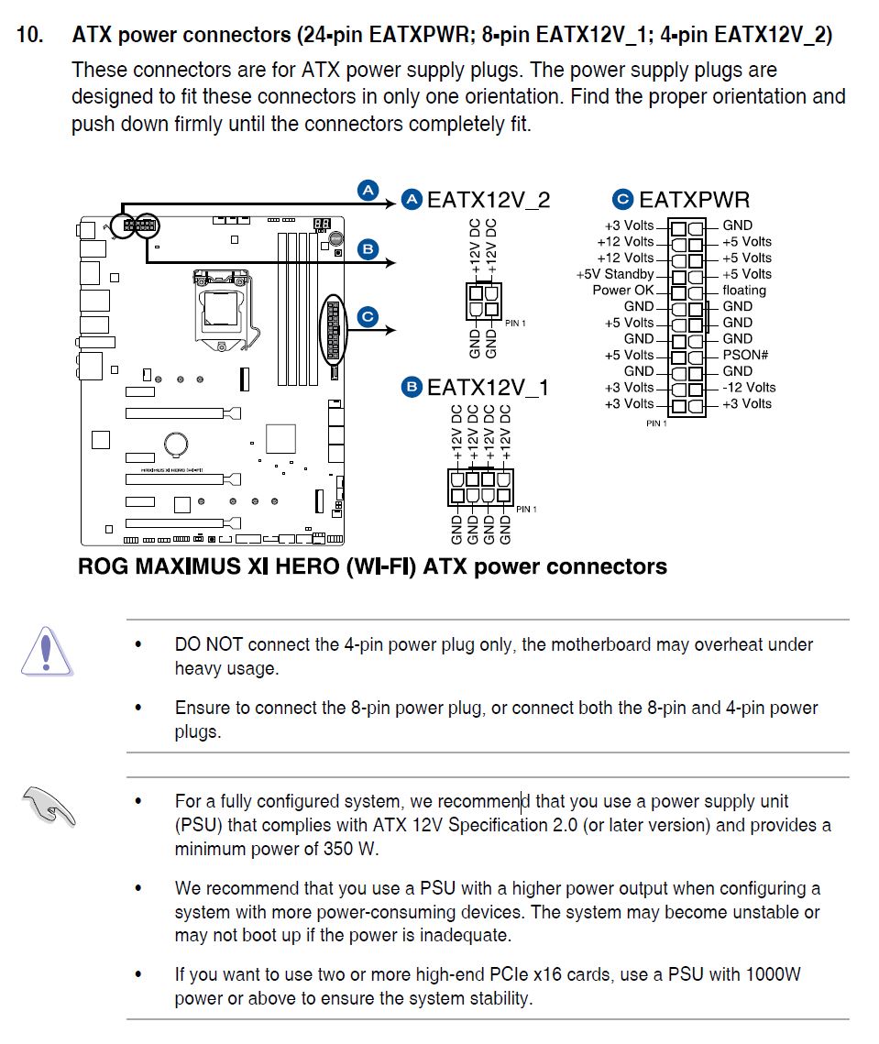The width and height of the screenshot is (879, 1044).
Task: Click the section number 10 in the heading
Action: click(x=29, y=36)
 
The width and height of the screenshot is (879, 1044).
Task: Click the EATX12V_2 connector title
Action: click(x=489, y=200)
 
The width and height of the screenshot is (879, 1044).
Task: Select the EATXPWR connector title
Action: click(x=694, y=200)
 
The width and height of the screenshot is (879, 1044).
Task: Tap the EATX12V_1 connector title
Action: click(x=488, y=388)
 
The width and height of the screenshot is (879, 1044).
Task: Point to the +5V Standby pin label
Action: click(x=615, y=274)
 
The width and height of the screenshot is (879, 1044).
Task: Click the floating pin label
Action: click(x=743, y=290)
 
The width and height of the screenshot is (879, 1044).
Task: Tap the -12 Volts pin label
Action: click(x=749, y=387)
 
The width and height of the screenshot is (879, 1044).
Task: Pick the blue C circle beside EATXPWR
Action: click(x=622, y=199)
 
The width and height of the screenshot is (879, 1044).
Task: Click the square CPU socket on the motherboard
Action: click(x=220, y=306)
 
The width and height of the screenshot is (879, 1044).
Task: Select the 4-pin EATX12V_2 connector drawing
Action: click(x=482, y=303)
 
